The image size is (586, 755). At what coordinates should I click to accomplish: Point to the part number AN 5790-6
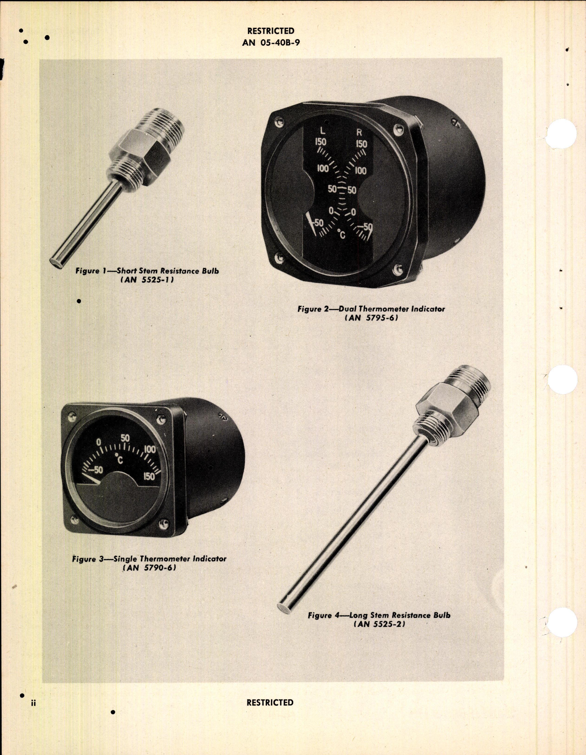(149, 568)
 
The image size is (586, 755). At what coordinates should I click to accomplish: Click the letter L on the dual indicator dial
(322, 131)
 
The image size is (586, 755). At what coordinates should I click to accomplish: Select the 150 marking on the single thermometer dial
(149, 476)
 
